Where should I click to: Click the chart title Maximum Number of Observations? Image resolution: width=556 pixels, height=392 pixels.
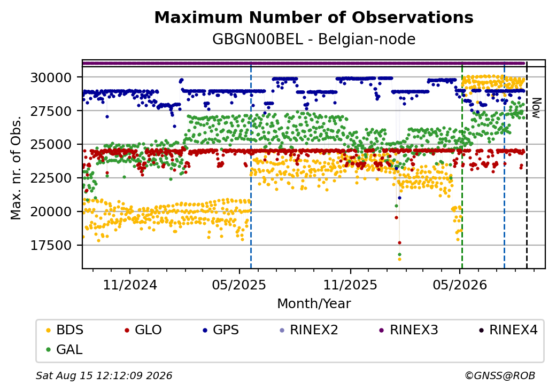coord(314,17)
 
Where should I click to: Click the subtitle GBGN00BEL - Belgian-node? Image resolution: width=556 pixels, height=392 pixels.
coord(314,40)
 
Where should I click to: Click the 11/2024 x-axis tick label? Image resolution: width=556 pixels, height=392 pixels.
coord(130,285)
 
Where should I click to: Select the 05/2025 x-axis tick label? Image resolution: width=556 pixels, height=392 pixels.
coord(239,285)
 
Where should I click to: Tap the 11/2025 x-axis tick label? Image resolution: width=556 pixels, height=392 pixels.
coord(350,285)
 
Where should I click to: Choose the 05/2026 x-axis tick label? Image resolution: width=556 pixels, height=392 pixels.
coord(460,285)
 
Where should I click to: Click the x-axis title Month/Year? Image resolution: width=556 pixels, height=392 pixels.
coord(314,304)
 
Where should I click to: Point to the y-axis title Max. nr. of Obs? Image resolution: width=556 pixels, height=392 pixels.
coord(16,168)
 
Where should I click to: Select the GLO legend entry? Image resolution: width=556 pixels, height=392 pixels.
coord(143,330)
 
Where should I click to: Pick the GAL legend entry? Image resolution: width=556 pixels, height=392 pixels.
coord(65,349)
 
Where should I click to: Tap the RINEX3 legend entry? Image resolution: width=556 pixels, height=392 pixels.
coord(409,330)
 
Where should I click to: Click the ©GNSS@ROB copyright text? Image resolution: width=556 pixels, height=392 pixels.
coord(500,375)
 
